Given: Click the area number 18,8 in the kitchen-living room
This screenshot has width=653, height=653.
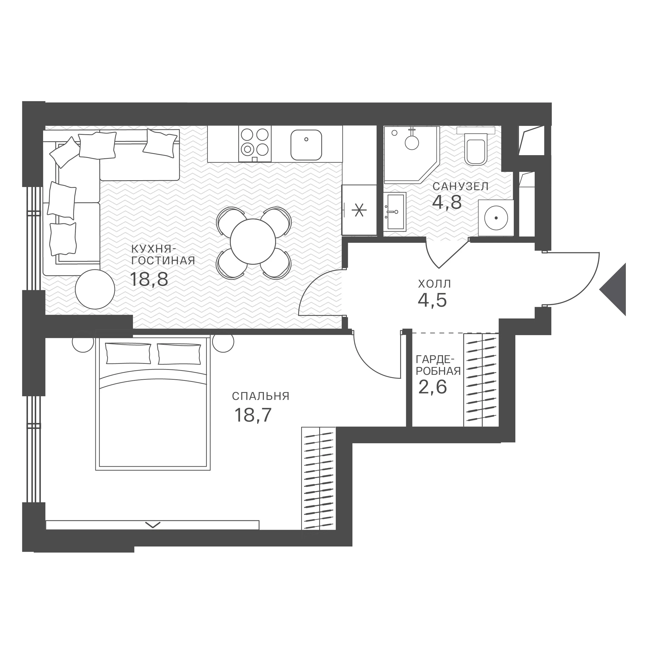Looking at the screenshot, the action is (x=149, y=279).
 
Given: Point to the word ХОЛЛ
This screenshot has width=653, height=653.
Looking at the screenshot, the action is (x=434, y=284).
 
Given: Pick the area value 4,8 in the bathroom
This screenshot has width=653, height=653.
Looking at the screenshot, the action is (x=447, y=202).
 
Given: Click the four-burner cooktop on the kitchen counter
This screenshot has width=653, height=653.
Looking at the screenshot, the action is (x=255, y=144).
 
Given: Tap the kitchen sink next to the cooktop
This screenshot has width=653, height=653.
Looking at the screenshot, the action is (x=306, y=145).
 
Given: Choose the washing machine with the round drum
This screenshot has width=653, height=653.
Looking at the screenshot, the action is (x=496, y=218).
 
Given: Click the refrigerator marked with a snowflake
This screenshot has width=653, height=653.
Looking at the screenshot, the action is (x=359, y=210).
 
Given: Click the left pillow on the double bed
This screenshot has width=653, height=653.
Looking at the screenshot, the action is (x=129, y=354).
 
